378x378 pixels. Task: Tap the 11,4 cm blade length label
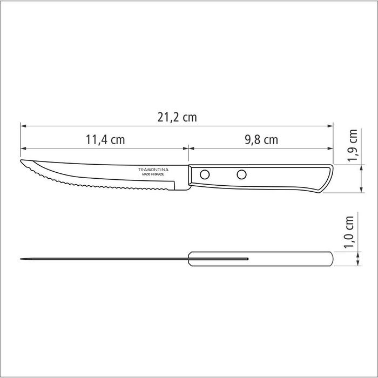(105, 140)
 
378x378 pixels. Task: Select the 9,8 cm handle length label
(261, 140)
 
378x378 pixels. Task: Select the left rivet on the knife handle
(205, 174)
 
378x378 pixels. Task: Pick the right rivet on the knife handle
(241, 174)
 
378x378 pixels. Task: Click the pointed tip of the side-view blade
(21, 163)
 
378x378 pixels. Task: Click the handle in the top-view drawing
(286, 260)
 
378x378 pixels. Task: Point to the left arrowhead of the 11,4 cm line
(23, 147)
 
